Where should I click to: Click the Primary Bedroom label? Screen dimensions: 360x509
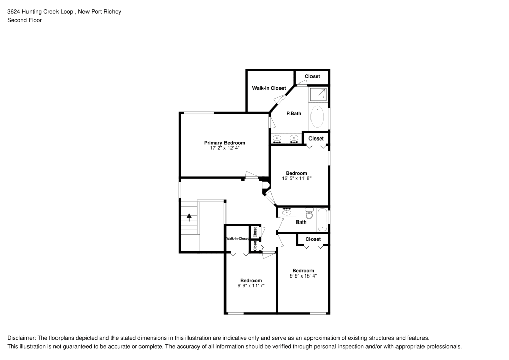tap(224, 143)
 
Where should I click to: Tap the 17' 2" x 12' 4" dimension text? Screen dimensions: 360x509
tap(224, 148)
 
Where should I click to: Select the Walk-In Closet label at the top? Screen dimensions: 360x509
tap(269, 88)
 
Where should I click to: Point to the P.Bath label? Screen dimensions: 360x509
tap(294, 113)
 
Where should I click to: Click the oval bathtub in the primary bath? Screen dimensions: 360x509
tap(317, 117)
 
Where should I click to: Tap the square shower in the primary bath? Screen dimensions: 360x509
tap(318, 94)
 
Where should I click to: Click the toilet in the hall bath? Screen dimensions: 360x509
tap(309, 213)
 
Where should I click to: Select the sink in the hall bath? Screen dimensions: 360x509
tap(287, 212)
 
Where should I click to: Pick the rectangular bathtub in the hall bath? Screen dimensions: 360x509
tap(323, 219)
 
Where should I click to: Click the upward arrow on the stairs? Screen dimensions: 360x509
tap(189, 217)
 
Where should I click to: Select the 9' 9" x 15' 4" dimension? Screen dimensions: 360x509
tap(303, 276)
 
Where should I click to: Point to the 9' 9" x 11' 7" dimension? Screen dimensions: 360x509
tap(251, 286)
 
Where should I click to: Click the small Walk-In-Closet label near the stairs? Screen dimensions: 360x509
tap(237, 238)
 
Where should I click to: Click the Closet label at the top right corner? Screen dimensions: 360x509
tap(313, 76)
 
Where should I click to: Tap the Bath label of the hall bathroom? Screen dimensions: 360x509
tap(301, 222)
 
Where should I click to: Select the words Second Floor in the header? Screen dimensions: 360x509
tap(24, 20)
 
